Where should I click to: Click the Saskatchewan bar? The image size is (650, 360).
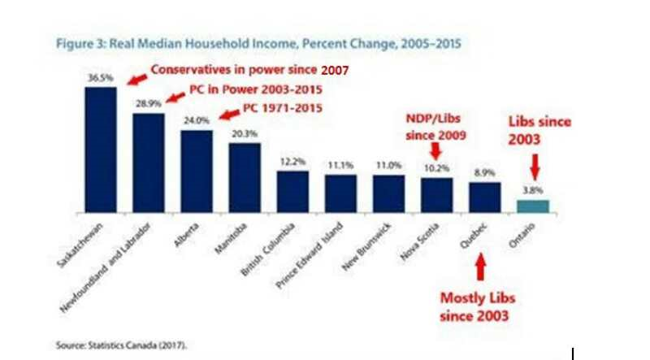100,149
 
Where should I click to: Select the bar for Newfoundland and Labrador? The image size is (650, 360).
148,162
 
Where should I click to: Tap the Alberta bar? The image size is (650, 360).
196,170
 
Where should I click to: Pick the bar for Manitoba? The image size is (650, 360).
244,176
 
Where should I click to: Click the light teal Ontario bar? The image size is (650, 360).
533,206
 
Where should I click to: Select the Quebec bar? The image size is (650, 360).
485,197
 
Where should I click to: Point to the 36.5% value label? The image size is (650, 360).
99,78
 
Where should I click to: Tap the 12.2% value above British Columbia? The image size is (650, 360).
292,163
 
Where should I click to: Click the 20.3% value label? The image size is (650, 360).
244,135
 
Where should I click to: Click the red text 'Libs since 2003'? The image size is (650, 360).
539,130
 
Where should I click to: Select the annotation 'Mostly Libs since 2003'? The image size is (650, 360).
478,306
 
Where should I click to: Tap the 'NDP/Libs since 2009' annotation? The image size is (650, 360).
436,128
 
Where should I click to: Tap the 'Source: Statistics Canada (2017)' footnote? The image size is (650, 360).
121,345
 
